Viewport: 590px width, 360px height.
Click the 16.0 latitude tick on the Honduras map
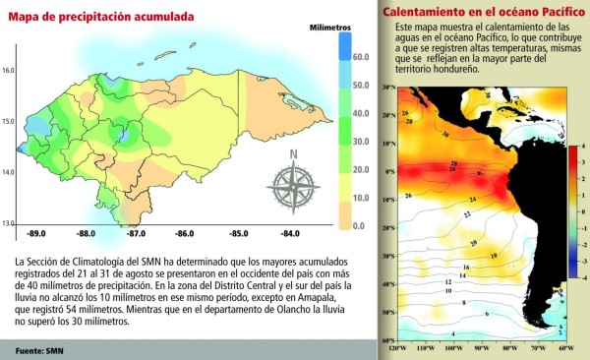pyautogui.click(x=9, y=71)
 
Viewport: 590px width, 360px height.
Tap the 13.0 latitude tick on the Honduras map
pyautogui.click(x=9, y=223)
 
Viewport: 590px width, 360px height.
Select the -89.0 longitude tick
pyautogui.click(x=38, y=234)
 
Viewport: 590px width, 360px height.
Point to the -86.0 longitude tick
pyautogui.click(x=184, y=234)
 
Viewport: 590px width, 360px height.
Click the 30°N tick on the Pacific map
pyautogui.click(x=387, y=89)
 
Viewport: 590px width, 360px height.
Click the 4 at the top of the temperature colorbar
pyautogui.click(x=585, y=146)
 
